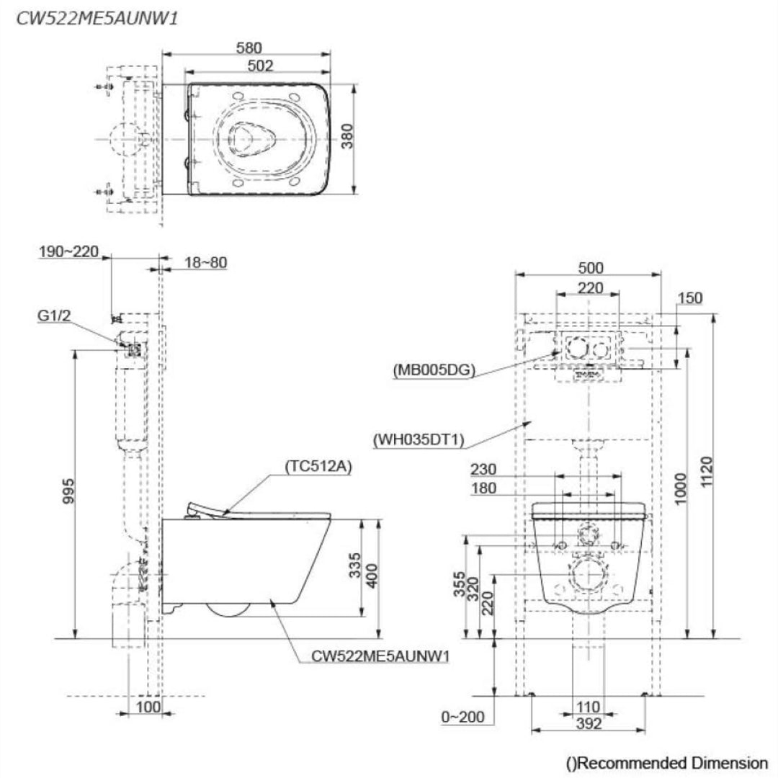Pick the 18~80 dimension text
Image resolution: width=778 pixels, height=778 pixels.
pos(205,263)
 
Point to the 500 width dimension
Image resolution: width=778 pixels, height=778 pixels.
pos(590,268)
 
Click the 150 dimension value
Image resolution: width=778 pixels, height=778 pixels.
pos(689,298)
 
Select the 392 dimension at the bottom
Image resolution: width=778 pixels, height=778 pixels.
pos(589,725)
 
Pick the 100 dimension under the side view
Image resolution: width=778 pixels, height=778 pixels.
pos(147,708)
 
